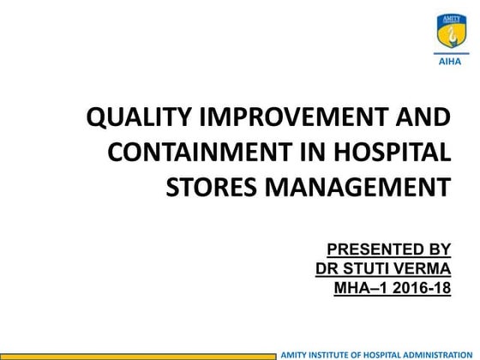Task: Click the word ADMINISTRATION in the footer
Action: click(x=437, y=353)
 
